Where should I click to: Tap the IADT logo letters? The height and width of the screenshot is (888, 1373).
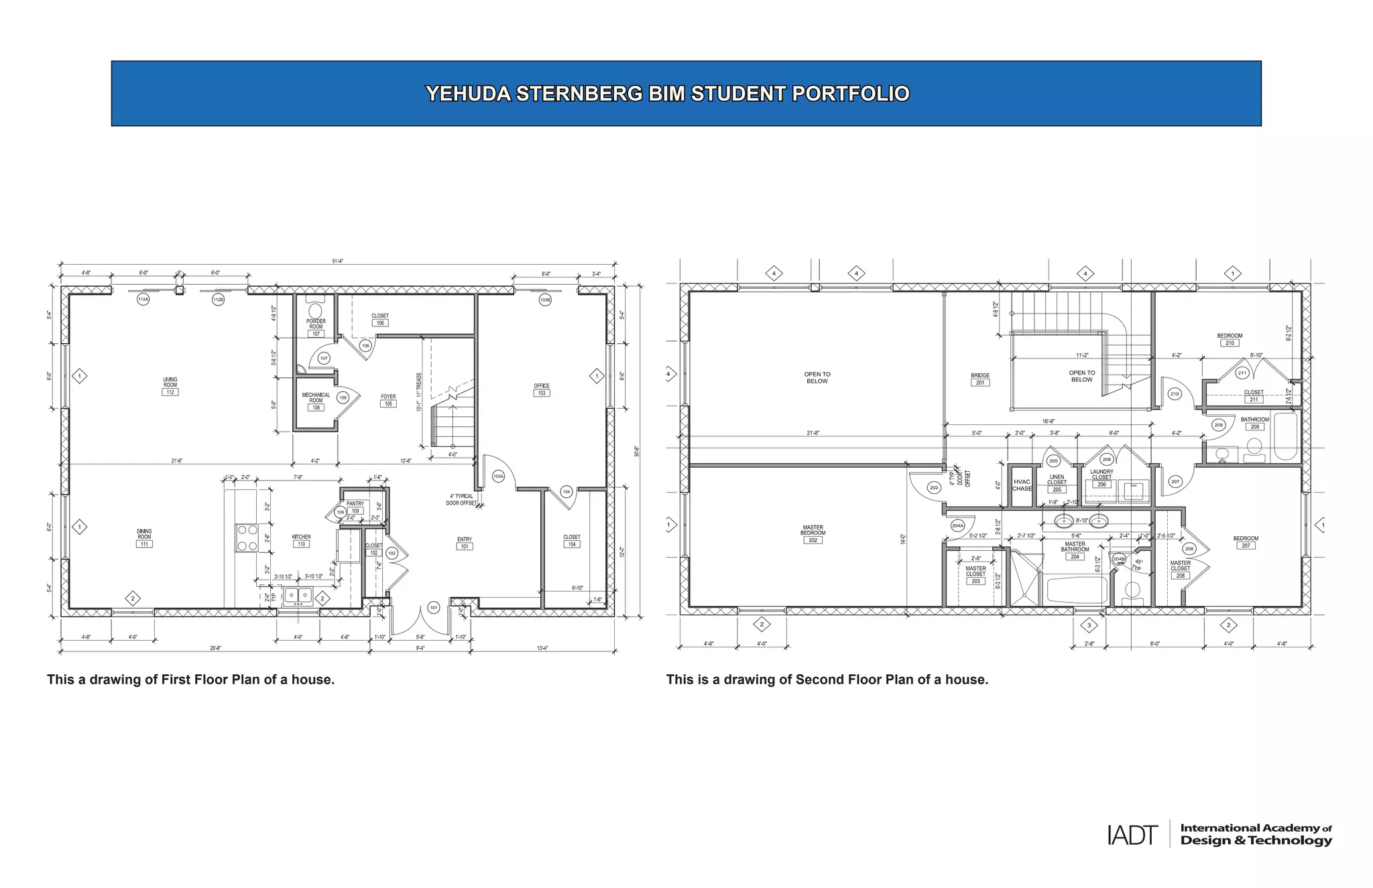[x=1132, y=835]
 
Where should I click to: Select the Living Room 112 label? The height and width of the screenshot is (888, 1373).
[x=170, y=386]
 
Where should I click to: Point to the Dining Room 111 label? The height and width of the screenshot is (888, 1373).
[x=144, y=538]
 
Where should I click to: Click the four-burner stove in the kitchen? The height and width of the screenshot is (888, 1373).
[x=247, y=537]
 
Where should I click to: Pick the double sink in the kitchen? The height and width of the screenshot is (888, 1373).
[x=298, y=595]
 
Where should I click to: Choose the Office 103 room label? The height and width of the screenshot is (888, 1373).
[x=542, y=389]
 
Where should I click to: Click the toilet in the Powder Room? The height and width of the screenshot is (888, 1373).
[x=315, y=311]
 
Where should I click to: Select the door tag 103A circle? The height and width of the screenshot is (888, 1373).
[x=498, y=477]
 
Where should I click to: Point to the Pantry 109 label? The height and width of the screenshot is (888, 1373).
[x=355, y=507]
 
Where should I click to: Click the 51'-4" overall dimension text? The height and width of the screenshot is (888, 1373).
[x=338, y=261]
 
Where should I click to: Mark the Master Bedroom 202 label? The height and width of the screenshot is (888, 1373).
[x=813, y=533]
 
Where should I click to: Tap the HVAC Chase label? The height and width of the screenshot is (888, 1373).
[x=1022, y=485]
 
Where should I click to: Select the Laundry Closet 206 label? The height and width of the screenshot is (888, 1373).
[x=1101, y=478]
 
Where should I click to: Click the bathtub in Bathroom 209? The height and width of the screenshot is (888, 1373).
[x=1285, y=436]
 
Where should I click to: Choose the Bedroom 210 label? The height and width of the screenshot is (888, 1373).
[x=1230, y=339]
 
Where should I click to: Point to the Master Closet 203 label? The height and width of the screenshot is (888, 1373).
[x=975, y=574]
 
